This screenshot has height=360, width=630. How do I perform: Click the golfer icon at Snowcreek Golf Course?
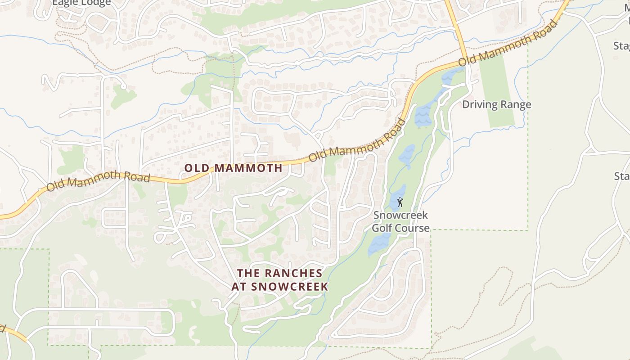point(400,202)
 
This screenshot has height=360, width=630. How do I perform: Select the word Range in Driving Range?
point(516,105)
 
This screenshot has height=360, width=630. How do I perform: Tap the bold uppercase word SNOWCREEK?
point(290,287)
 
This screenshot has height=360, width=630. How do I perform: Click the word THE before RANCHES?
point(246,273)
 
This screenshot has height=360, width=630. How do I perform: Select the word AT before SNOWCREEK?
point(240,287)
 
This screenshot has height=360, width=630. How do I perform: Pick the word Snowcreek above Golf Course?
point(400,216)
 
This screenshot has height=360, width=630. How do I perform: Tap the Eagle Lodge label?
point(81,3)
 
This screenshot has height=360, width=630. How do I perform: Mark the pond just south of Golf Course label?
point(379,244)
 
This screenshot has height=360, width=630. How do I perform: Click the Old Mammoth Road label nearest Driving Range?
point(508,43)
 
